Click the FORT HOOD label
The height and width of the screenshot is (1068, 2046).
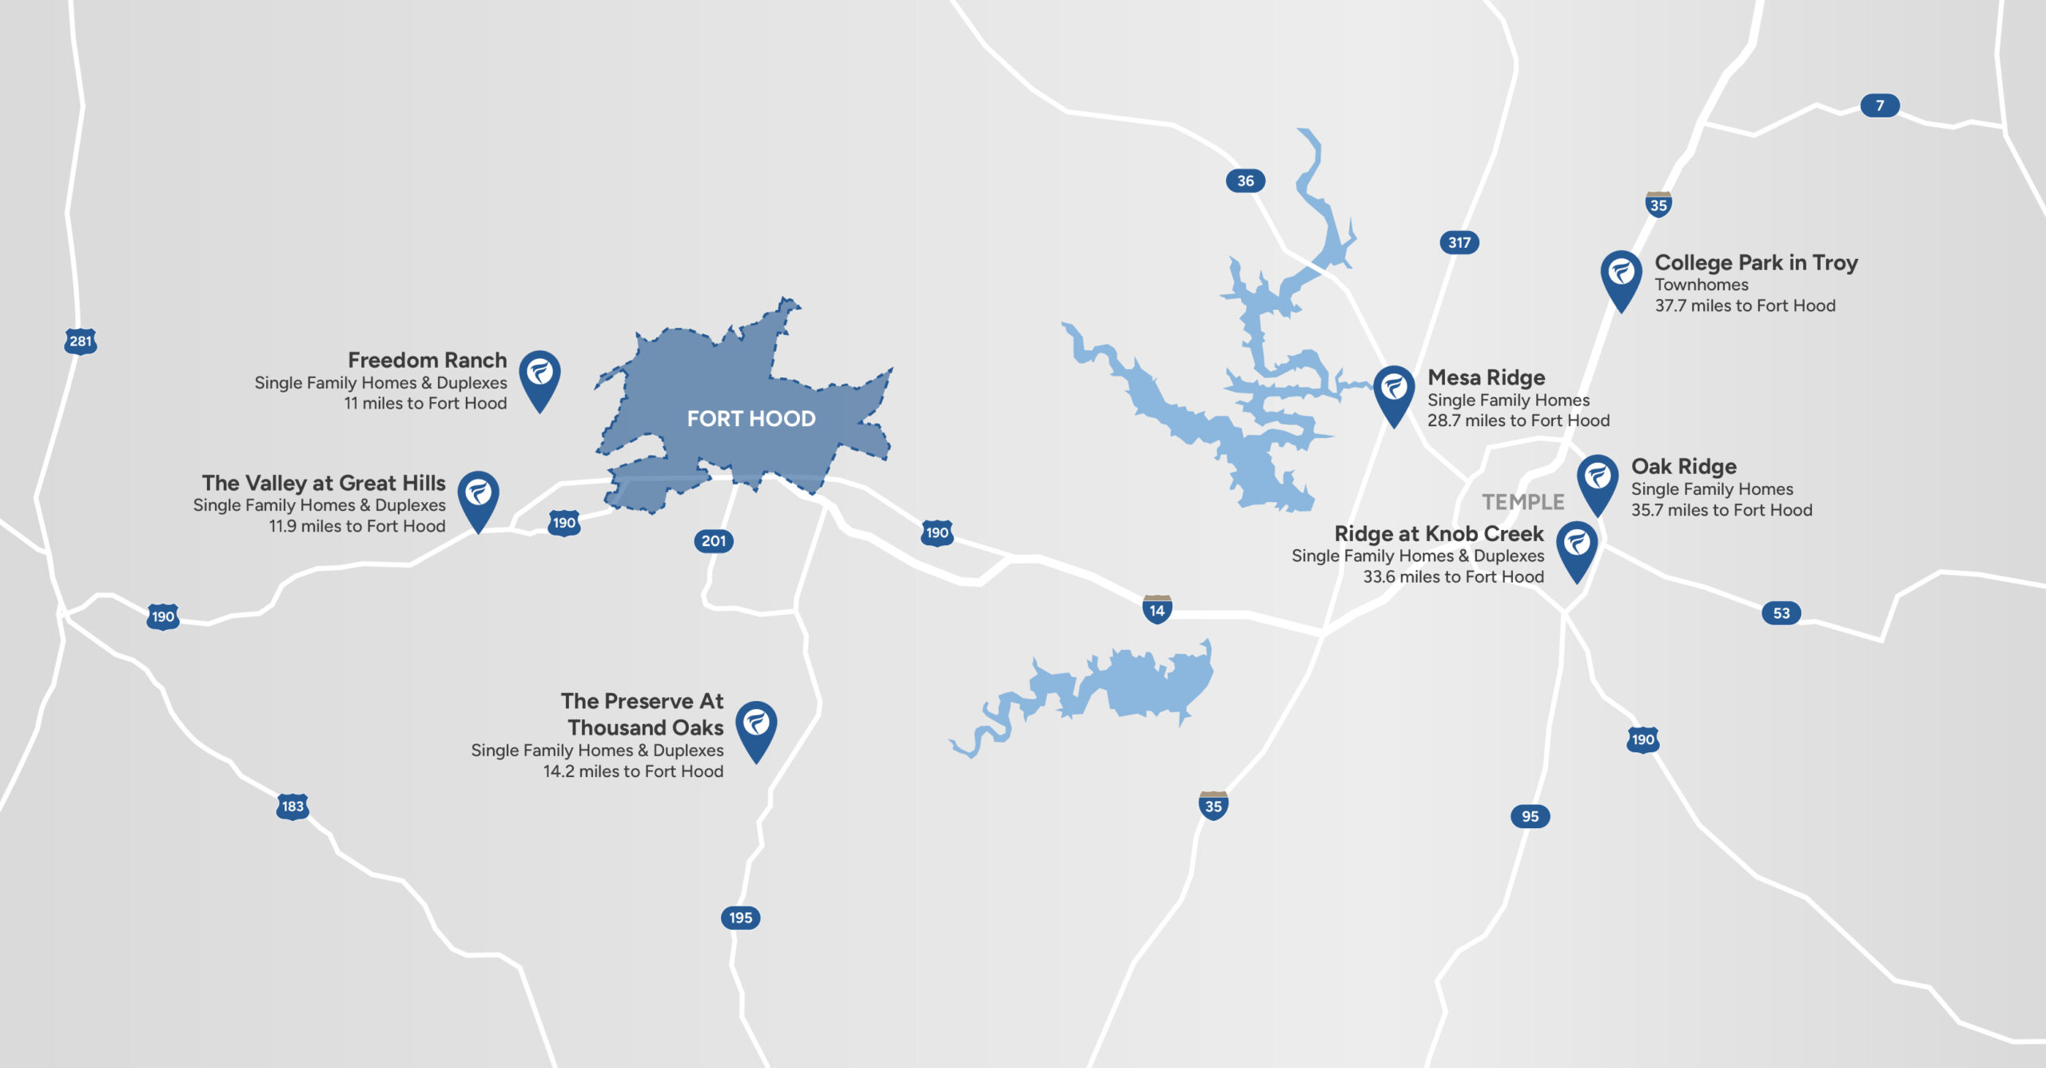point(750,418)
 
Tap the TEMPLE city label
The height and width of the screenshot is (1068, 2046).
point(1523,502)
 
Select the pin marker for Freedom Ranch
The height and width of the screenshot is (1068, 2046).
point(539,376)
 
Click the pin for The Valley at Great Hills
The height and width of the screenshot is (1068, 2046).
point(478,496)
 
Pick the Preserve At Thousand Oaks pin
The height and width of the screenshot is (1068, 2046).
point(755,727)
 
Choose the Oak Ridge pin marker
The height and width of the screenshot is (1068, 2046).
point(1597,480)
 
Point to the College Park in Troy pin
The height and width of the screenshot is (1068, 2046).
point(1621,277)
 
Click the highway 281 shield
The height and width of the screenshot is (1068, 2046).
point(81,341)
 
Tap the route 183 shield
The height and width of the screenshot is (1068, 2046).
point(293,806)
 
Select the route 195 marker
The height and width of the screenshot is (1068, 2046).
point(740,918)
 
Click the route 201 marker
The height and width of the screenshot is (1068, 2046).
point(713,541)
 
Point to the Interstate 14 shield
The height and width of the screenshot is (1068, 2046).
point(1156,610)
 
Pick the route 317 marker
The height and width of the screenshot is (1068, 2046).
point(1459,242)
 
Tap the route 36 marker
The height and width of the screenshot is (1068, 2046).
point(1245,181)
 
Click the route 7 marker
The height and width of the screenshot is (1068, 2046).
point(1879,106)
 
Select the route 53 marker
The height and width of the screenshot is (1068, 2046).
point(1781,613)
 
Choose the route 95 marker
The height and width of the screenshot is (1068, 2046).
point(1530,816)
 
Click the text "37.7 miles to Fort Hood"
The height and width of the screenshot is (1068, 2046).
point(1745,305)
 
